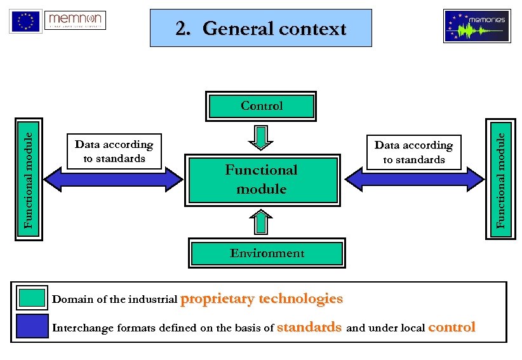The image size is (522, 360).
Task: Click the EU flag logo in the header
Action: (25, 22)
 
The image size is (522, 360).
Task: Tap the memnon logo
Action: (76, 20)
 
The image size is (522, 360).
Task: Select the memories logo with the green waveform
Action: (477, 26)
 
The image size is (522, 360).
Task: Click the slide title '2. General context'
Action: (261, 29)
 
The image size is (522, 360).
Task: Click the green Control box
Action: (262, 106)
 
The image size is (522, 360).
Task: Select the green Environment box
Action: (267, 253)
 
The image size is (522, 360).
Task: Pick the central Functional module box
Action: (262, 180)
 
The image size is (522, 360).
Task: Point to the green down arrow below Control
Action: (261, 136)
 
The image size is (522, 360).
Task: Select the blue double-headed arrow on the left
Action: (114, 179)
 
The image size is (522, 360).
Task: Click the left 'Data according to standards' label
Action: (114, 151)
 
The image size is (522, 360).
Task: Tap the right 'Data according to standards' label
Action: (413, 152)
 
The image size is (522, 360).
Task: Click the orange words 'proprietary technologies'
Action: (262, 298)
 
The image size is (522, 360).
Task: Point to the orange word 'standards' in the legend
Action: (310, 328)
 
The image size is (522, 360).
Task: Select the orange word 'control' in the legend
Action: (452, 328)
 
